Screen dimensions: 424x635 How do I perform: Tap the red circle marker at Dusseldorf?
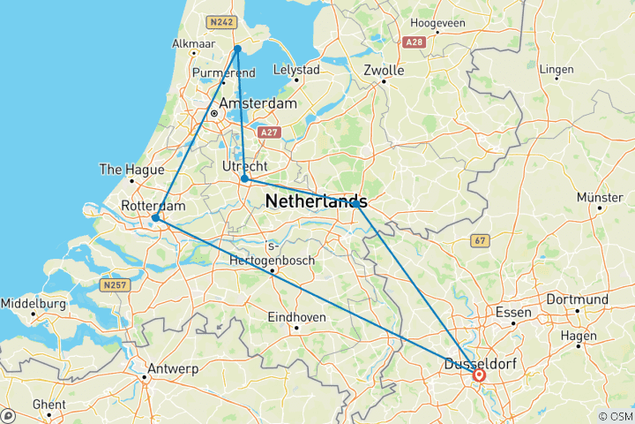[x=479, y=375]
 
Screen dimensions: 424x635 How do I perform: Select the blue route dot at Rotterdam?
[x=155, y=217]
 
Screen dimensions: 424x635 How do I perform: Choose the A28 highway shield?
[x=414, y=42]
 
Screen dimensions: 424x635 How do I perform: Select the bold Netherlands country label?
[x=316, y=201]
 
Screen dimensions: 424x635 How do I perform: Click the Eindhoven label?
[x=297, y=316]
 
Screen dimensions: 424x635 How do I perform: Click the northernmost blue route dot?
[x=237, y=49]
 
